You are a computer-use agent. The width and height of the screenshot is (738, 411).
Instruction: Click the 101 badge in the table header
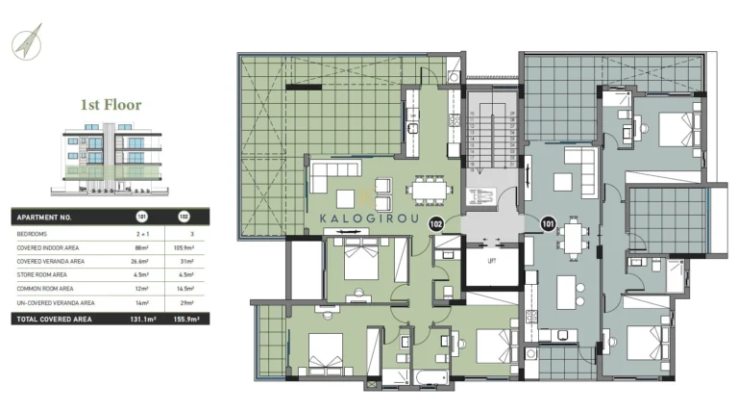[141, 218]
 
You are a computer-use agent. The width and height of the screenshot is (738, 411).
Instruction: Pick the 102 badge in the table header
[184, 218]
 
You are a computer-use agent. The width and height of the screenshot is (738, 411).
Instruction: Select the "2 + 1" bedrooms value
[141, 234]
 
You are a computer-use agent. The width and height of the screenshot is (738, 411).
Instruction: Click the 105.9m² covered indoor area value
[184, 247]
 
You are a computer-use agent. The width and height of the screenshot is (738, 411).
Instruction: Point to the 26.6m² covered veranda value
[141, 261]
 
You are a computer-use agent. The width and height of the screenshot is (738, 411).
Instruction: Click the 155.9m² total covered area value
[184, 318]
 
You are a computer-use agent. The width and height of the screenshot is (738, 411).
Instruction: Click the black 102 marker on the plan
[435, 224]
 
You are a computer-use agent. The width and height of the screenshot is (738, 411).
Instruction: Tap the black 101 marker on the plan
[548, 224]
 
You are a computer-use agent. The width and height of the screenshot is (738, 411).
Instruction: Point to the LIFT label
[491, 261]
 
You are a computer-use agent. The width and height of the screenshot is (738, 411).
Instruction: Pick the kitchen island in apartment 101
[568, 290]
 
